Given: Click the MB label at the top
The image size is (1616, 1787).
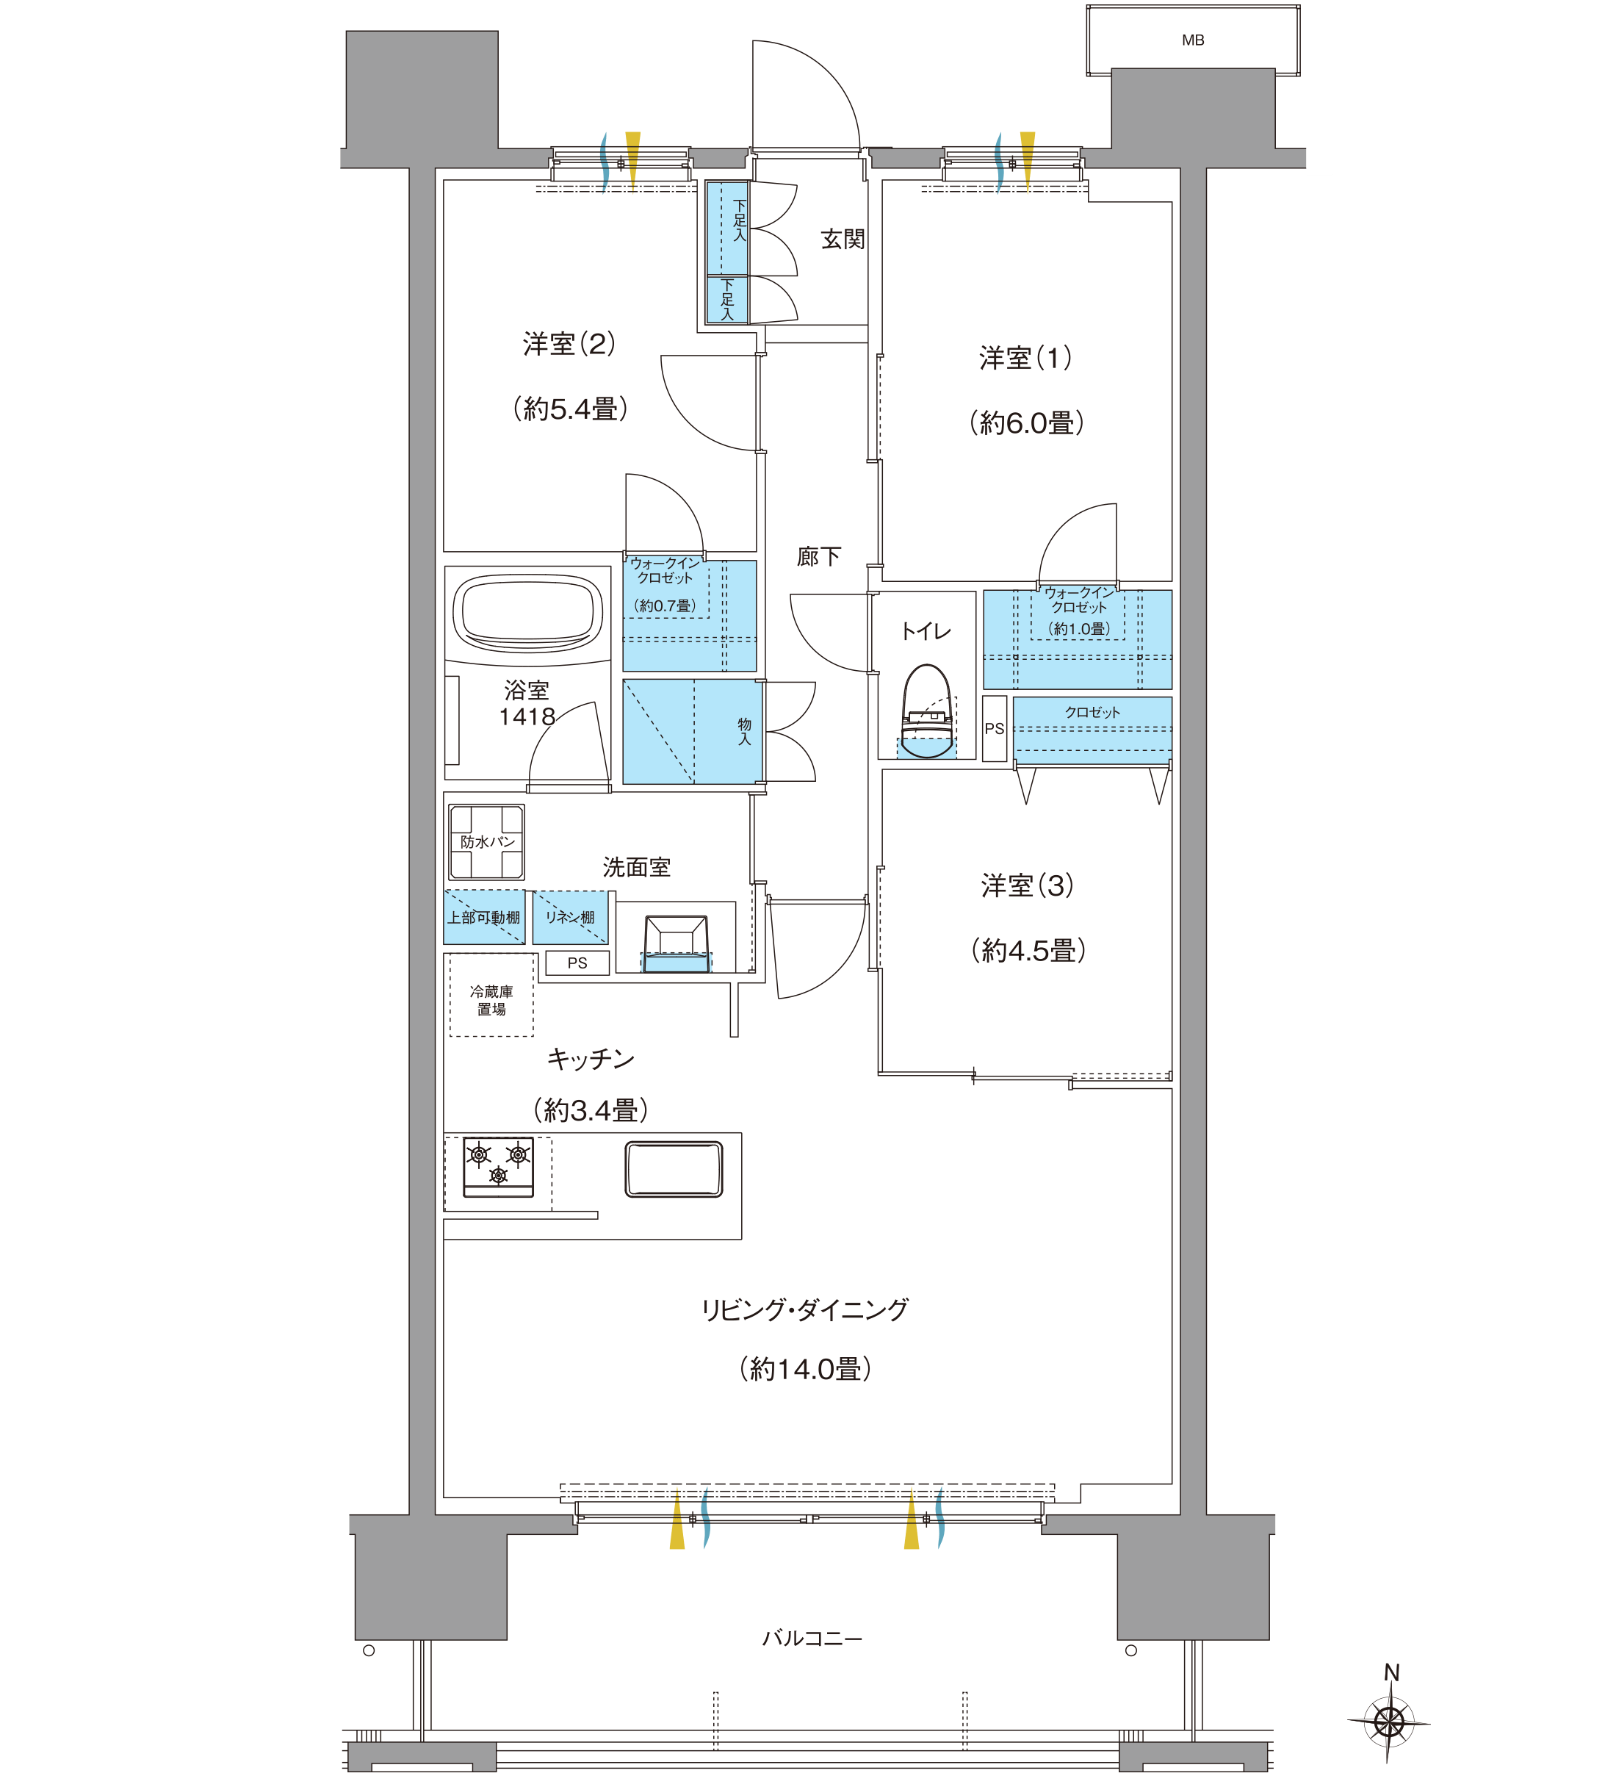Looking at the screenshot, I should point(1192,40).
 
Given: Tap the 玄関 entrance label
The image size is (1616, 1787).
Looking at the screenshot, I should point(842,239).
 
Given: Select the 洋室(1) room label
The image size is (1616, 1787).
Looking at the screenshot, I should point(1026,358).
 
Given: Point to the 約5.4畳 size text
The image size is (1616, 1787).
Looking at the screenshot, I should point(571,409).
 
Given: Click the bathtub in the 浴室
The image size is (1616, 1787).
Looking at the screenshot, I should point(527,611).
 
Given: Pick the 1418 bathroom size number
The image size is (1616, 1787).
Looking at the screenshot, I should point(527,716).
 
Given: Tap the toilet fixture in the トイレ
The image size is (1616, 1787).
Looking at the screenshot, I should point(927,710).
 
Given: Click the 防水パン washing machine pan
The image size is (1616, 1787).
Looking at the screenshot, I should point(486,841).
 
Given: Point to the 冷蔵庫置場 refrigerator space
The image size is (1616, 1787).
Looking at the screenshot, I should point(491,1000).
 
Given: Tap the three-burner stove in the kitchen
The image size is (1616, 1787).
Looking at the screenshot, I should point(498,1165).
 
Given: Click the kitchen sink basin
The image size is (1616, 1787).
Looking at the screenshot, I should point(674,1169).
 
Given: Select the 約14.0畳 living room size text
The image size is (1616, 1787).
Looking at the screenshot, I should point(805,1370).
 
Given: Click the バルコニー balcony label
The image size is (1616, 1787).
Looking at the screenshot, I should point(812,1638).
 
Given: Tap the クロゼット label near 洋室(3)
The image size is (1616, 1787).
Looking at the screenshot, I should point(1092,713).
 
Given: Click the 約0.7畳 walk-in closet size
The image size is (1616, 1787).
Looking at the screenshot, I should point(665,605).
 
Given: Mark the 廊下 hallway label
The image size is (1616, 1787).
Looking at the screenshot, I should point(818,557).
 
